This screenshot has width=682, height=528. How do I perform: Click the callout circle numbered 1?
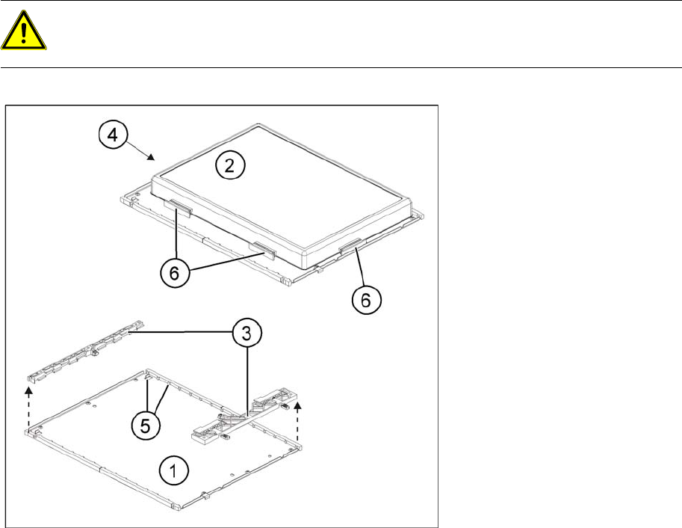coord(173,471)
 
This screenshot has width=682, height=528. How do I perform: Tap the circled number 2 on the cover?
coord(229,165)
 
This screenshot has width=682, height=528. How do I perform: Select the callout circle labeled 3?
coord(247,334)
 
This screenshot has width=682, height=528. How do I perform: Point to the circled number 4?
coord(113,135)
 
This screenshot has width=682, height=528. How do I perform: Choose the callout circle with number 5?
coord(146,426)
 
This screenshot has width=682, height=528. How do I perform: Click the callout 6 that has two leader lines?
coord(174,273)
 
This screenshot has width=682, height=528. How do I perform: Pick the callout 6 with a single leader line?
coord(366,299)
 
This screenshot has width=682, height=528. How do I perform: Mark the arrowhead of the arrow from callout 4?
coord(152,157)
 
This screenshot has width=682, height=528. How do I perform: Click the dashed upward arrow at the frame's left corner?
coord(28,408)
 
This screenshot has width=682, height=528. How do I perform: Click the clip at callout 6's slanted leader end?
coord(262,250)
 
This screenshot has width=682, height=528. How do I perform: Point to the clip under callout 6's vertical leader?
coord(178,207)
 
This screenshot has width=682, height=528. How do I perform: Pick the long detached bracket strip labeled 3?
coord(86,352)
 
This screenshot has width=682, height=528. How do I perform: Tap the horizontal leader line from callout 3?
coord(181,332)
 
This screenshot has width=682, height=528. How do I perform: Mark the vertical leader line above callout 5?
coord(148,395)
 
